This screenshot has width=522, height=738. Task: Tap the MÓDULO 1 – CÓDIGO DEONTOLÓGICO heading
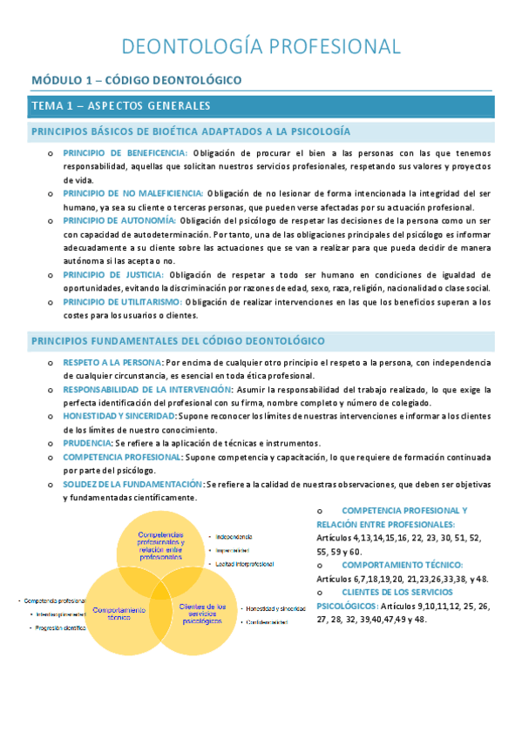click(x=136, y=80)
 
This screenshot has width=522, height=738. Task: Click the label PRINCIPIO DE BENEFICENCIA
click(x=125, y=153)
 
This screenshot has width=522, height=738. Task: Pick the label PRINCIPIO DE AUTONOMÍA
click(x=119, y=220)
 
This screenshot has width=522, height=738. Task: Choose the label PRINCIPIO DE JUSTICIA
click(x=113, y=274)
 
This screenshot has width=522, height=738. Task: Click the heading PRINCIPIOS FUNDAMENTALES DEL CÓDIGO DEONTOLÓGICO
click(x=179, y=339)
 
